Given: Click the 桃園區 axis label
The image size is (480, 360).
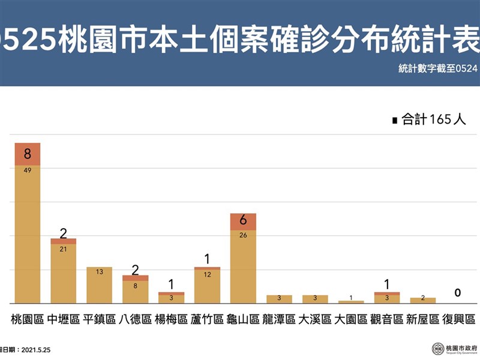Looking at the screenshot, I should [x=28, y=319].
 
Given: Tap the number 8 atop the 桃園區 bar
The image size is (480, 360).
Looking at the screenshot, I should [x=28, y=154].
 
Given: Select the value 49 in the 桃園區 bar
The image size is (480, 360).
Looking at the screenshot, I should [x=28, y=170].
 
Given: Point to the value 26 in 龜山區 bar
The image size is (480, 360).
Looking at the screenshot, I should [x=243, y=235].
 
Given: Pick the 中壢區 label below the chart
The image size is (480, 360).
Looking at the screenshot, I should [x=63, y=319].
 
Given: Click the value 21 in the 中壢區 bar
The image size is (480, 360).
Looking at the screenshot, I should [x=63, y=249].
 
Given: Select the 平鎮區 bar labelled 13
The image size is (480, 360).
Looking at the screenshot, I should [x=99, y=285].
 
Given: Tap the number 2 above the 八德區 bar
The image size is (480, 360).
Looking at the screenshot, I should [x=135, y=269].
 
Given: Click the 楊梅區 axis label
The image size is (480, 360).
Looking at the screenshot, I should [x=171, y=319].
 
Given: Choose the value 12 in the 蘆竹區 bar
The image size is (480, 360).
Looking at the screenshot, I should [x=207, y=274].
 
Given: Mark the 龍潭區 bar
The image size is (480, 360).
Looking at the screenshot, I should [x=279, y=299].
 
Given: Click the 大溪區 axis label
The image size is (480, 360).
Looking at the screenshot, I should [x=315, y=319].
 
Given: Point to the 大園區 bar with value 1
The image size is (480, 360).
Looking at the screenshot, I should [x=351, y=301].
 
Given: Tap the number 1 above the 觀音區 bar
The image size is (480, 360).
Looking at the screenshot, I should [x=387, y=284].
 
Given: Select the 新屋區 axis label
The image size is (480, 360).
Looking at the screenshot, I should [x=423, y=319].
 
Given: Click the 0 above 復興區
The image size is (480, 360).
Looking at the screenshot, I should [x=457, y=293].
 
